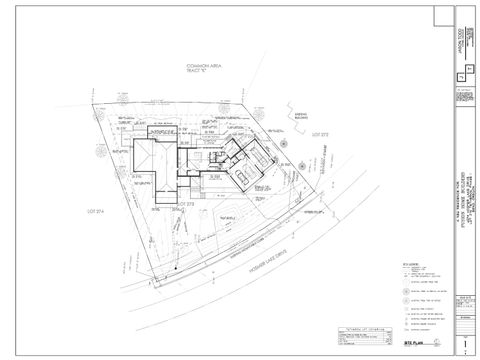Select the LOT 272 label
tap(320, 133)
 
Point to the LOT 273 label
tap(183, 203)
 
